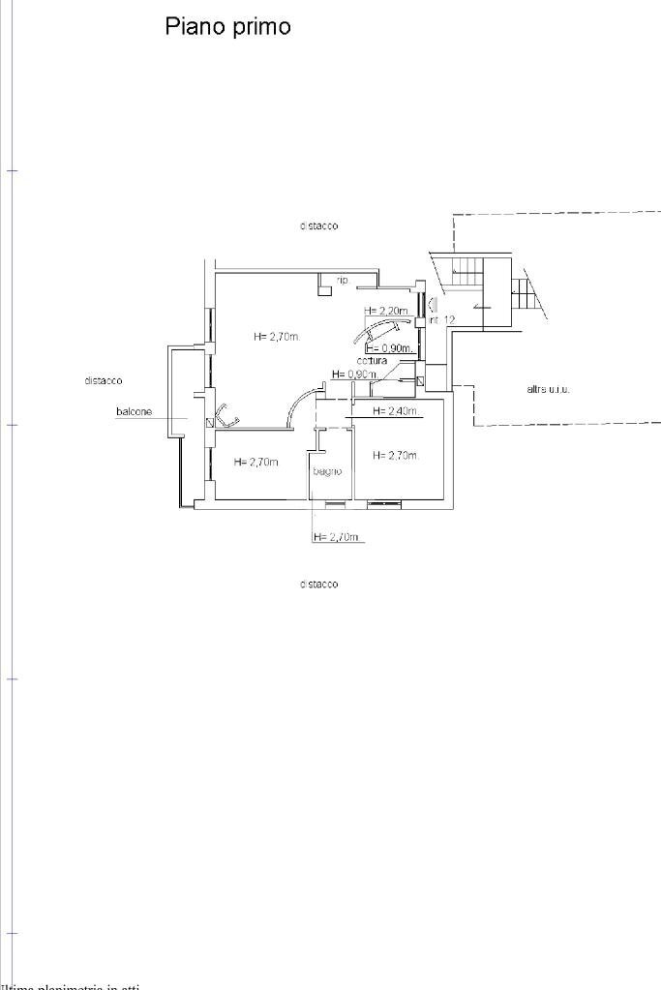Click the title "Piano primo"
click(x=227, y=26)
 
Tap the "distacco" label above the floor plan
click(x=319, y=225)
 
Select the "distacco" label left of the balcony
click(x=104, y=380)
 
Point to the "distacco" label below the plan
click(x=319, y=585)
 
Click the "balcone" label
click(x=134, y=412)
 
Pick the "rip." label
click(x=343, y=280)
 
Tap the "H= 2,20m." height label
click(x=386, y=311)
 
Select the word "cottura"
click(x=372, y=361)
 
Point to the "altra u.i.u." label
click(x=548, y=389)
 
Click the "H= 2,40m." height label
click(x=396, y=411)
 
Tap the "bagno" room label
click(x=327, y=471)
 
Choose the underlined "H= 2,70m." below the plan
click(x=337, y=537)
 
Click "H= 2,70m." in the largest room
click(x=277, y=337)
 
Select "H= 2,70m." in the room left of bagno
click(x=256, y=463)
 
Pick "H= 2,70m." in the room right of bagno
click(x=396, y=456)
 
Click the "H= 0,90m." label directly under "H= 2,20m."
click(x=390, y=348)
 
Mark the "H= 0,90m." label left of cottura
click(x=354, y=374)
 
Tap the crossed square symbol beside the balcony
click(x=210, y=423)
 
